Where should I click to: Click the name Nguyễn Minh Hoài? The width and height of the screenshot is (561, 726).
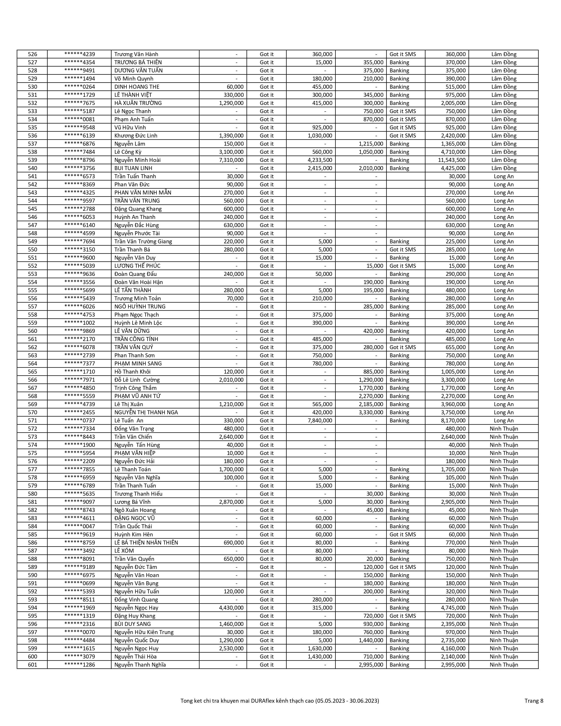click(137, 160)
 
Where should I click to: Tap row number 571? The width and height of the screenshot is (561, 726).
click(33, 420)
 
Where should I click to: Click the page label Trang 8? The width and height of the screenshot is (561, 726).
click(534, 701)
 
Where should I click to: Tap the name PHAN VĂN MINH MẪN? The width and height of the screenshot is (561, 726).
click(143, 192)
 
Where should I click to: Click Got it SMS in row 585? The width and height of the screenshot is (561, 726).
click(402, 535)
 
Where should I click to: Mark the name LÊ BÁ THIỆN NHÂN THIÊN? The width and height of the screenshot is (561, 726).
click(146, 543)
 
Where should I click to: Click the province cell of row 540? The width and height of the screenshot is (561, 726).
click(504, 168)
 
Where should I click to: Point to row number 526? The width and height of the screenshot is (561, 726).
click(33, 54)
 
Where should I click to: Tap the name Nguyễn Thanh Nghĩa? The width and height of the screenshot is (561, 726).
click(140, 665)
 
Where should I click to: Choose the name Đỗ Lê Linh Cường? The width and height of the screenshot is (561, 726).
click(137, 380)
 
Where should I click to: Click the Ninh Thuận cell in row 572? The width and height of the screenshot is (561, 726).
click(504, 429)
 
